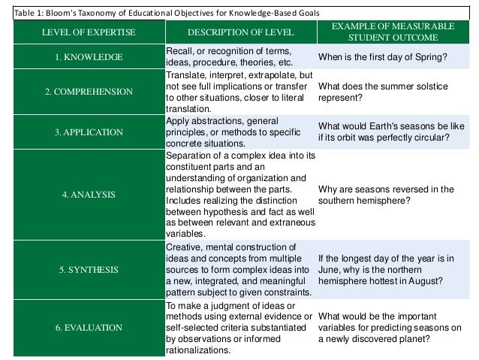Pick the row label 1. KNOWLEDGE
pyautogui.click(x=89, y=56)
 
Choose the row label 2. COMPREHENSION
pyautogui.click(x=89, y=92)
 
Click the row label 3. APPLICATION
pyautogui.click(x=89, y=132)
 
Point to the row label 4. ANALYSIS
pyautogui.click(x=89, y=195)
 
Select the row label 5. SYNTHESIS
pyautogui.click(x=89, y=269)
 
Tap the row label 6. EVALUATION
pyautogui.click(x=89, y=327)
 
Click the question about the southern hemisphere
pyautogui.click(x=386, y=195)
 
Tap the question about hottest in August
pyautogui.click(x=386, y=269)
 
